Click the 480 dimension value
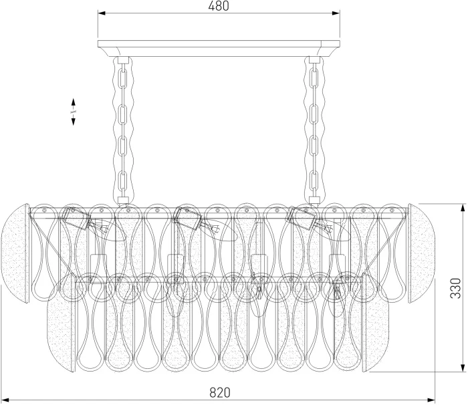pyautogui.click(x=219, y=6)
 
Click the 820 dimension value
pyautogui.click(x=220, y=392)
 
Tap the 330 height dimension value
pyautogui.click(x=456, y=288)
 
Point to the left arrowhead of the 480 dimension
pyautogui.click(x=102, y=13)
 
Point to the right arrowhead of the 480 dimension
pyautogui.click(x=336, y=13)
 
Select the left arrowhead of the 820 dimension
pyautogui.click(x=5, y=400)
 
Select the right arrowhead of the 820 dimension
pyautogui.click(x=431, y=400)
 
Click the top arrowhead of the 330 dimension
pyautogui.click(x=463, y=208)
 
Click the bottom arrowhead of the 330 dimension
pyautogui.click(x=463, y=368)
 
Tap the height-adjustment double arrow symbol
pyautogui.click(x=73, y=112)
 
